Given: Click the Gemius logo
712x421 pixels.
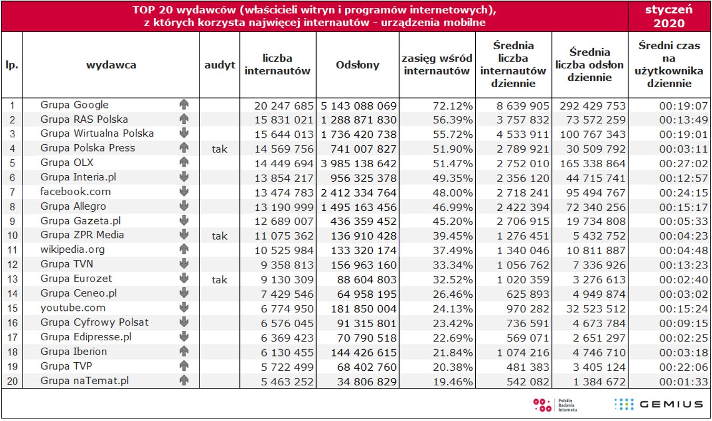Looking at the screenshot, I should point(658,404).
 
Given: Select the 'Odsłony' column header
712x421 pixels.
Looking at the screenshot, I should point(357,64).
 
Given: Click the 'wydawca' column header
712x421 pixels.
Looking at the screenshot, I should point(111,65).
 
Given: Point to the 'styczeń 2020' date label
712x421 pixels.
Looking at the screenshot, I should point(669,16).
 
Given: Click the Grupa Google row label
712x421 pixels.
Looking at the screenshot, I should point(75,105).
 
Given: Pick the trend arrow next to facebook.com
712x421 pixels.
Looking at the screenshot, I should point(184,192).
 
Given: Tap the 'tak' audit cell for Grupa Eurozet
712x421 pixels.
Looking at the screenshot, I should point(219,279).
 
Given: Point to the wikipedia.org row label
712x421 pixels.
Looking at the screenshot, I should point(72,250).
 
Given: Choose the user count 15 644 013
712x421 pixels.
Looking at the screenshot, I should point(284,134).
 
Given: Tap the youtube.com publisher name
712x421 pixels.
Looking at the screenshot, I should point(73,308).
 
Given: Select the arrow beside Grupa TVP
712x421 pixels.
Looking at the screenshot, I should point(184,366).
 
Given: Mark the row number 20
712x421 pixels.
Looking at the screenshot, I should point(12,382).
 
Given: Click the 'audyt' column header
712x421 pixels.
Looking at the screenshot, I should point(219,65).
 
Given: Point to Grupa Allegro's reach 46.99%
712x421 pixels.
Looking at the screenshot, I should point(453,207).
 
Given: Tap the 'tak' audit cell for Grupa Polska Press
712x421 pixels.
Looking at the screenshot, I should point(219,149).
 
